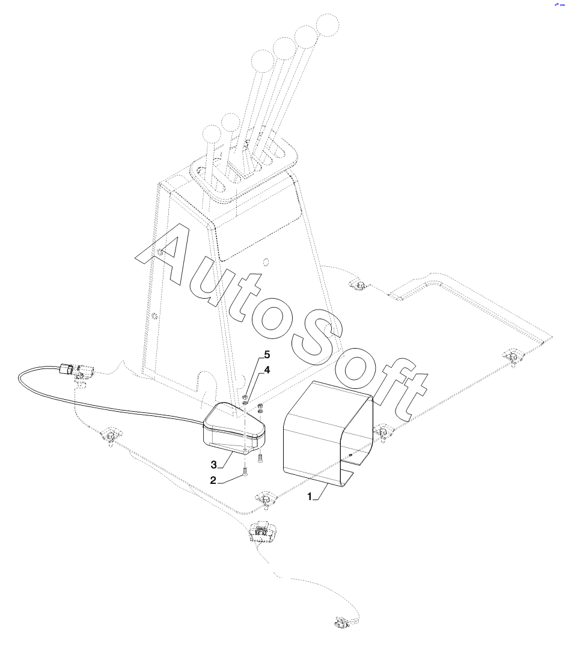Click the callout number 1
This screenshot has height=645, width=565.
click(x=311, y=497)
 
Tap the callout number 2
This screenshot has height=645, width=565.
click(x=213, y=480)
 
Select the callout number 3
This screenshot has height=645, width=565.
click(x=213, y=464)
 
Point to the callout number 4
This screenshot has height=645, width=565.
click(x=267, y=370)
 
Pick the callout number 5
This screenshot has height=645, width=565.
click(x=267, y=355)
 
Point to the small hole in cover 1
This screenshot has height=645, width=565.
click(x=350, y=455)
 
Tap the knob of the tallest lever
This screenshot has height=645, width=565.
click(x=328, y=23)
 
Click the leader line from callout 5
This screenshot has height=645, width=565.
click(x=255, y=375)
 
